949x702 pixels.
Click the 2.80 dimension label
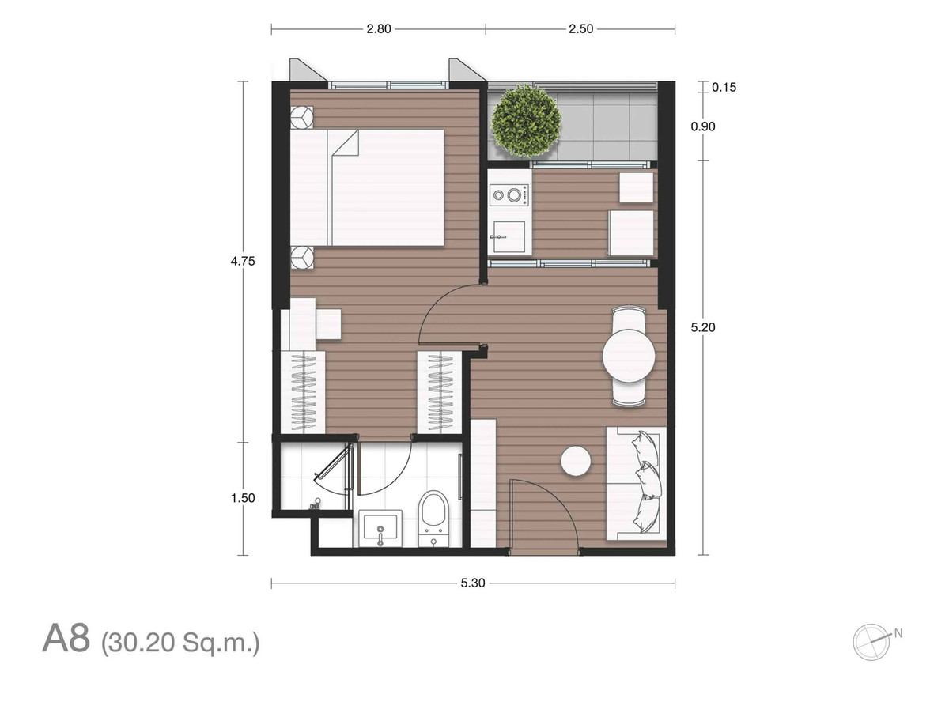[x=379, y=29]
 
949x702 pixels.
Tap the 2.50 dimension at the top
[x=580, y=29]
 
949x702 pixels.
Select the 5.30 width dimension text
[x=473, y=583]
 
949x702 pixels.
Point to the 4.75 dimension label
[x=243, y=261]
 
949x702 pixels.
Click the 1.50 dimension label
[x=243, y=498]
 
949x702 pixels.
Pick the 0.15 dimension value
[x=724, y=87]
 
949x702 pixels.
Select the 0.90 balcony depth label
[x=703, y=126]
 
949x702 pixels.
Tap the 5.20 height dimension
[x=703, y=327]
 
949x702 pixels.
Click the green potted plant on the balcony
[x=526, y=121]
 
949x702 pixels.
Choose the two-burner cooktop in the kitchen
[x=509, y=195]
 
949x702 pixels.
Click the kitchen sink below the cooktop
[x=509, y=236]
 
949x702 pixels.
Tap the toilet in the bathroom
[x=434, y=518]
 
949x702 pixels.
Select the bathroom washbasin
[x=380, y=527]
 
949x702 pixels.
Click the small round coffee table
[x=576, y=461]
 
